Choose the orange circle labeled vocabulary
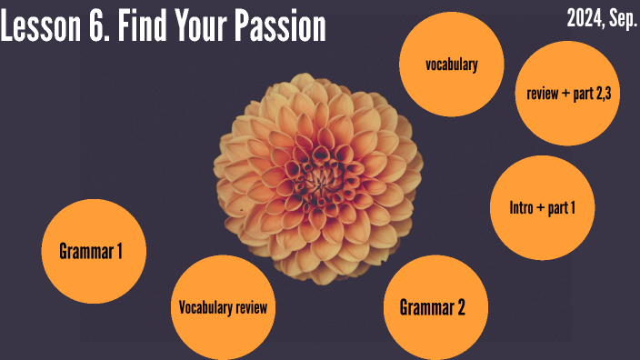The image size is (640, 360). [451, 64]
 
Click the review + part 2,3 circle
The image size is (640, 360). [567, 94]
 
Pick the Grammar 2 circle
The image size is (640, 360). [433, 307]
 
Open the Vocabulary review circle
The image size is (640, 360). [223, 307]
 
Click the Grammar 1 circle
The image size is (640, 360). [90, 251]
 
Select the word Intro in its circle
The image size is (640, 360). [524, 207]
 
